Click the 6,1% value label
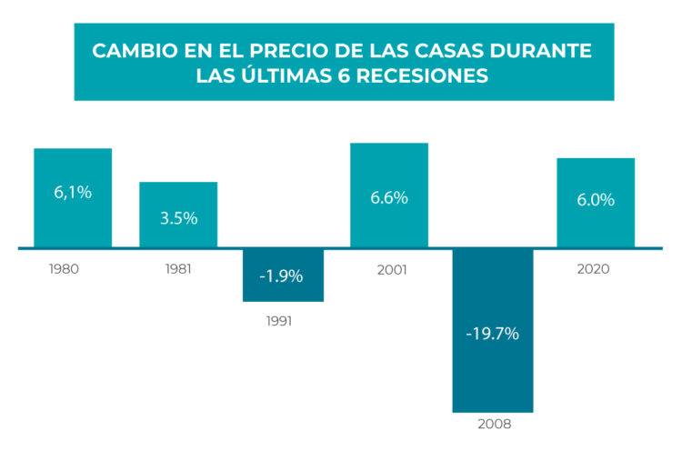(x=73, y=192)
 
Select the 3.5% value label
(x=178, y=218)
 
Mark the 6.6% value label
(x=388, y=197)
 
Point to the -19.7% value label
(x=492, y=334)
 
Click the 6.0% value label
(x=596, y=200)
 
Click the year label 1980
(x=65, y=269)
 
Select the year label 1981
(x=177, y=269)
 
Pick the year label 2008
(x=493, y=424)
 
